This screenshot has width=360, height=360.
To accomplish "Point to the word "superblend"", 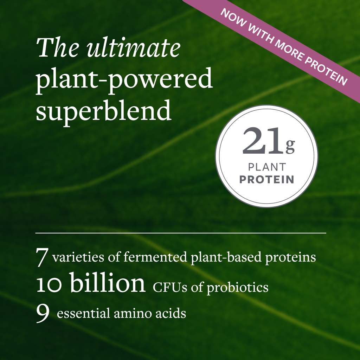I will point(104,110).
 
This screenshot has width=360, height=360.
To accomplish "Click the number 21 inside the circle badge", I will point(263,141).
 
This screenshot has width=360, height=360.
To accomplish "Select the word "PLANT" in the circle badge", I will point(267,167).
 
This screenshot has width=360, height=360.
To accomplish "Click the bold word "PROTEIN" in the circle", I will point(267,179).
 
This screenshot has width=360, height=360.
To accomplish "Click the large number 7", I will point(42,257).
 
